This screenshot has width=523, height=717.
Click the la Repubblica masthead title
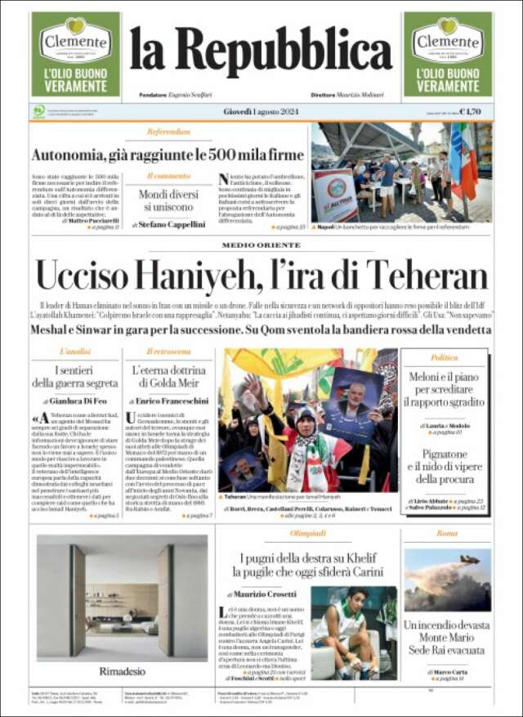coord(261,52)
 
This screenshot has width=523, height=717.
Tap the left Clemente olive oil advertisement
coord(75,54)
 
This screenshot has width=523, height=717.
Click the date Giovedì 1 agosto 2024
coord(261,111)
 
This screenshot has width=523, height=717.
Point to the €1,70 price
coord(470,112)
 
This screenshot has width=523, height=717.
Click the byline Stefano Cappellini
coord(173,223)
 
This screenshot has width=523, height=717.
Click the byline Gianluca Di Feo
coord(79,401)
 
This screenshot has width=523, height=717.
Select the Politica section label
coord(444,357)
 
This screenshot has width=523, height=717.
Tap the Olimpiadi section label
coord(308,533)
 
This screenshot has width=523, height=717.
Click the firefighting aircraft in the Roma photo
coord(468,560)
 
